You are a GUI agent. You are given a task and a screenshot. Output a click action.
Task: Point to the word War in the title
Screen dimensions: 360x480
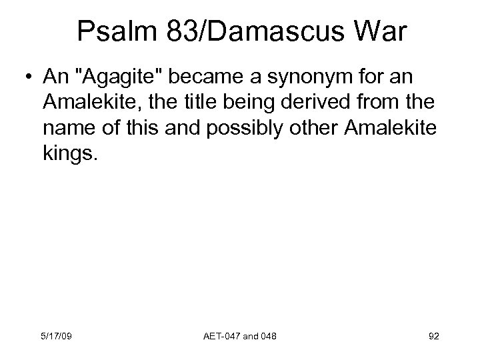point(375,32)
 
